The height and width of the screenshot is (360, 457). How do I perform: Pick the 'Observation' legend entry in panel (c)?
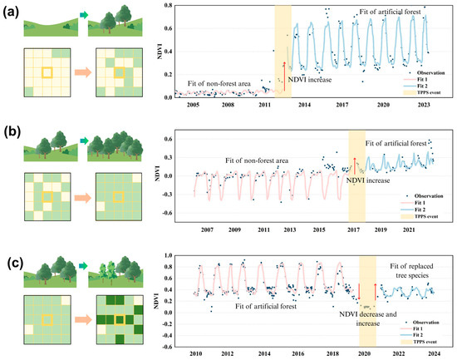[x=423, y=318]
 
